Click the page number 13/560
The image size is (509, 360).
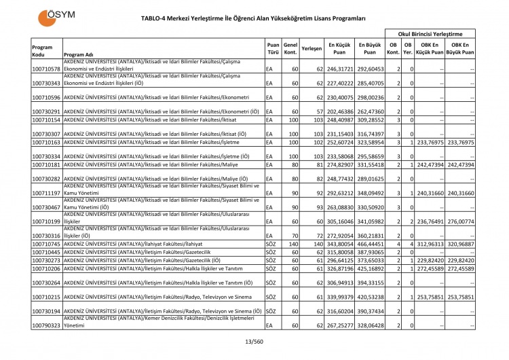[x=254, y=342]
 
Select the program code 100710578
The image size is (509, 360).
[x=46, y=69]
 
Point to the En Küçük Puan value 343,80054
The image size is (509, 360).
[x=341, y=244]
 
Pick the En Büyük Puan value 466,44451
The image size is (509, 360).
[x=371, y=244]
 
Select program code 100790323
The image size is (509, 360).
[x=46, y=326]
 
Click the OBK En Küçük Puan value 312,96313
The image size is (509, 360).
[x=430, y=244]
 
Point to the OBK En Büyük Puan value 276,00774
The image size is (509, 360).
[x=461, y=221]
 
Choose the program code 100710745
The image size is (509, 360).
[x=46, y=244]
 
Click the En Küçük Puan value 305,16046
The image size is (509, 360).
[x=341, y=221]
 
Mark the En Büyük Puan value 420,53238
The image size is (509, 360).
[x=371, y=297]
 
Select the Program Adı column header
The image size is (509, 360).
[x=78, y=54]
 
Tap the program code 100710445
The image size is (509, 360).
[x=46, y=252]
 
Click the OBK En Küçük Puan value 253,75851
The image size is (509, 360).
[x=430, y=297]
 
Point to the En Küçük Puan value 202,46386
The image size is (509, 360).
[x=341, y=111]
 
